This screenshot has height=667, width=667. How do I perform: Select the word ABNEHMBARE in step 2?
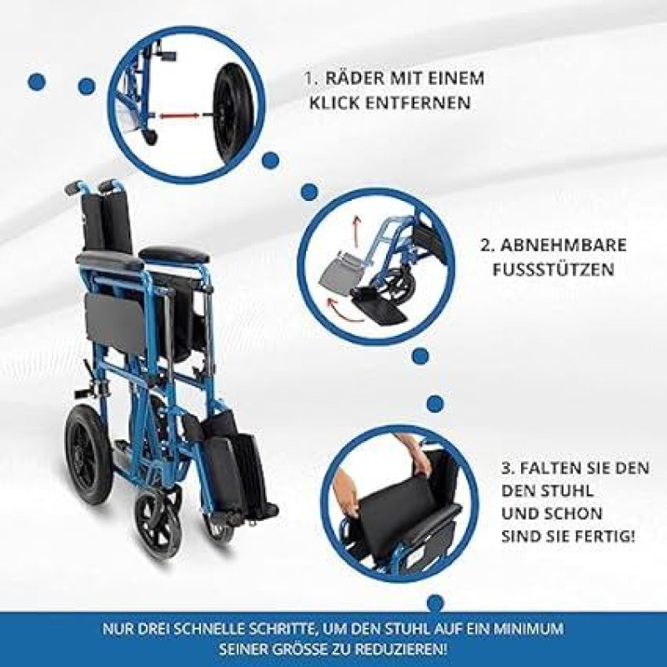click(x=564, y=245)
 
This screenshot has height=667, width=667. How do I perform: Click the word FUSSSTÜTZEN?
click(x=553, y=269)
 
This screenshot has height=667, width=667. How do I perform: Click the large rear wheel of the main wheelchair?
click(x=89, y=453)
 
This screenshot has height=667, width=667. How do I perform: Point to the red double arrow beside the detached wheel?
click(x=179, y=115)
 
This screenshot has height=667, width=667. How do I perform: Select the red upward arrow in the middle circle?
click(x=357, y=228)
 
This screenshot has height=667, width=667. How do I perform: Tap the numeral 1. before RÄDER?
click(x=311, y=78)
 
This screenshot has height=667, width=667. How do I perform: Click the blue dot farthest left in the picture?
click(x=37, y=82)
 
